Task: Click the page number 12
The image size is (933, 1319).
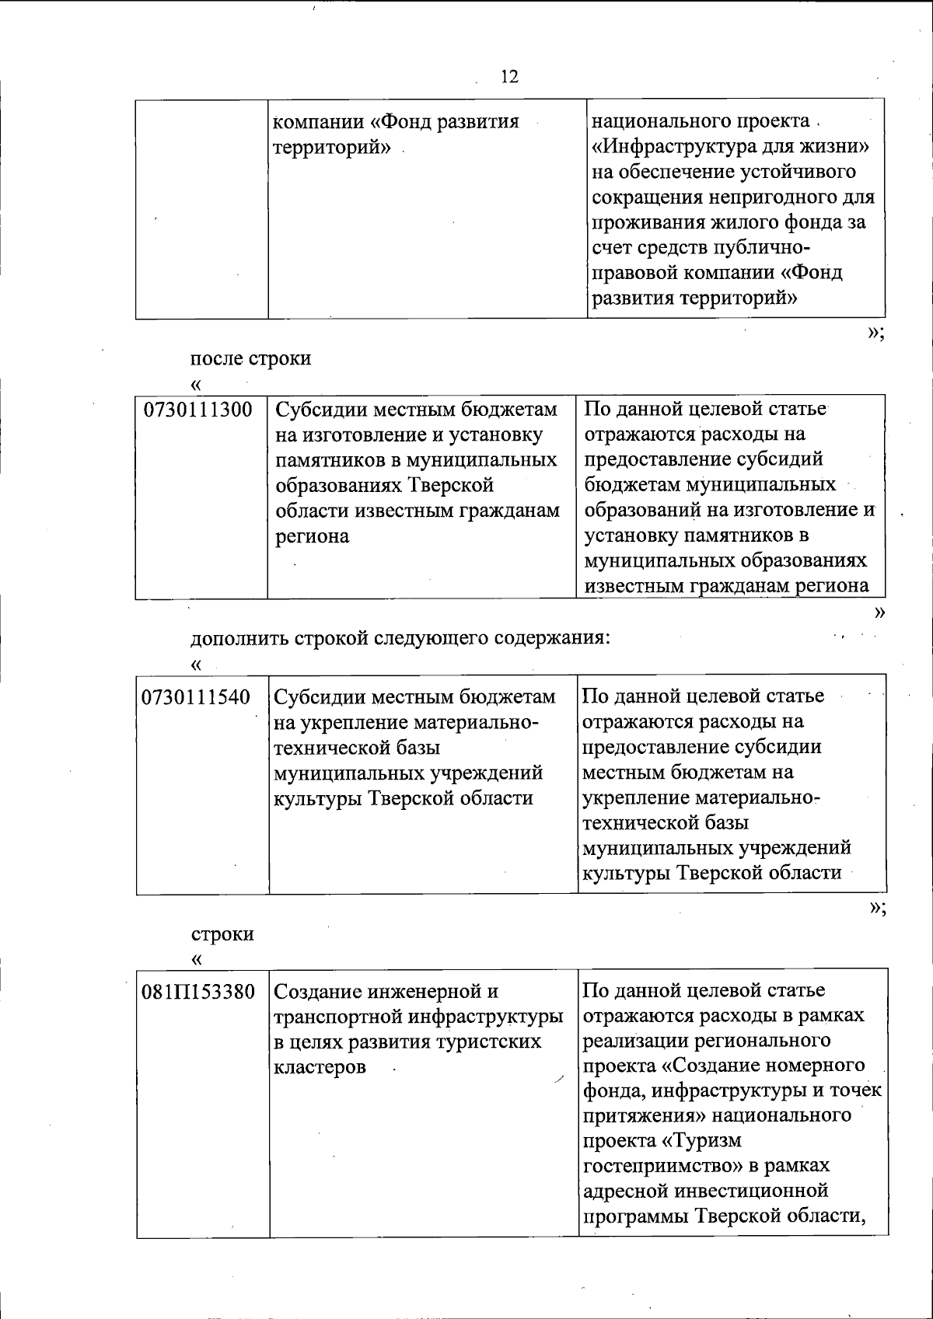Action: coord(509,76)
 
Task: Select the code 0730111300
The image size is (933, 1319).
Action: coord(198,410)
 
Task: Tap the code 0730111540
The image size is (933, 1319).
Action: coord(196,696)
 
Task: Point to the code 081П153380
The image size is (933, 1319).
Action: coord(198,992)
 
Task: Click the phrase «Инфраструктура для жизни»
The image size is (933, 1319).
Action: coord(730,146)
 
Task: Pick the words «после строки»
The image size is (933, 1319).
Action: coord(250,358)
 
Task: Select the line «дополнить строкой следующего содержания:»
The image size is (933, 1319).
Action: coord(400,638)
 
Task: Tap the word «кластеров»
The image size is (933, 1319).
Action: coord(320,1066)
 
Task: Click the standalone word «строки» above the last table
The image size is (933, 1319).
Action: coord(222,933)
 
